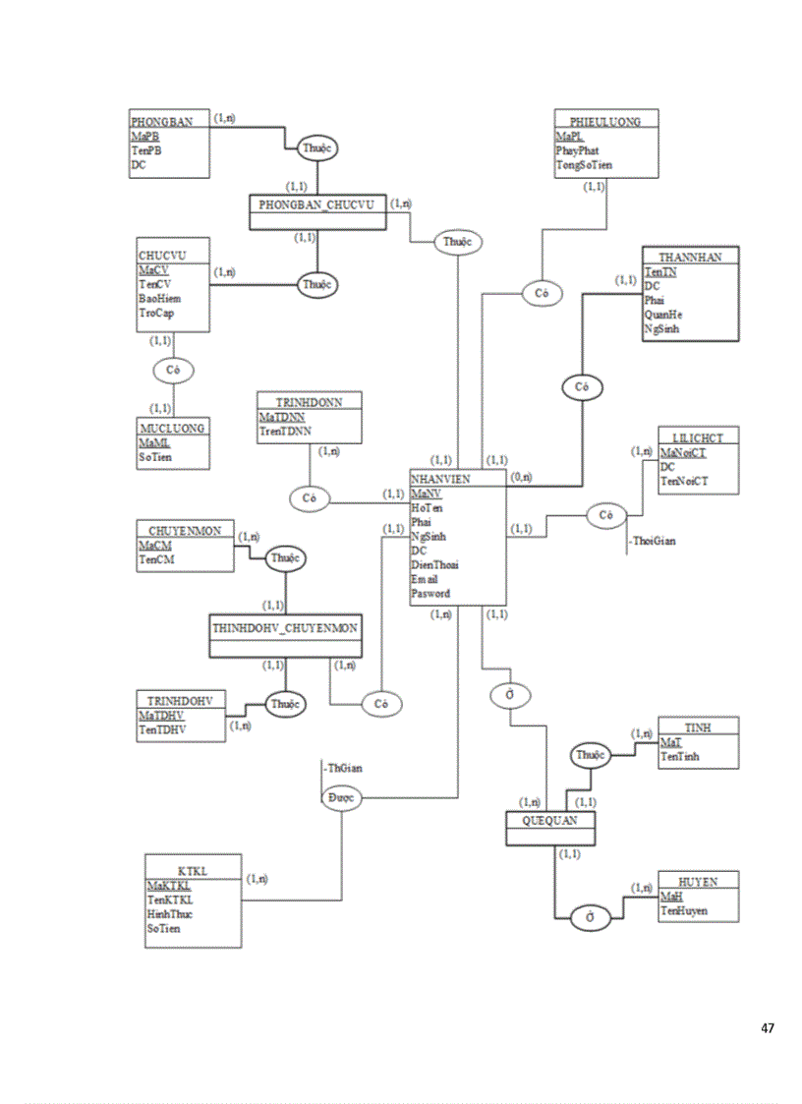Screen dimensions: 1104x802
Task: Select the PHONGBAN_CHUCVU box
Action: coord(316,205)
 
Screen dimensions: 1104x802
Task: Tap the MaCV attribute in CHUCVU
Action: coord(153,269)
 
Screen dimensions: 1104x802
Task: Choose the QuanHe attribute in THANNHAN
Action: coord(663,315)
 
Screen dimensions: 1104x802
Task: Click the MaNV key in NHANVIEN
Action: coord(427,493)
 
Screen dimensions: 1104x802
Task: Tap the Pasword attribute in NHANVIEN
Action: coord(430,594)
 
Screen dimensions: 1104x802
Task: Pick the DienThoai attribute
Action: coord(434,565)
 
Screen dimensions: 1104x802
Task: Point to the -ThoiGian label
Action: coord(655,541)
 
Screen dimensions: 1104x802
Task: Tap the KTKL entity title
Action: coord(193,870)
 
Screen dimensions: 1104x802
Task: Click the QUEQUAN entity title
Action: coord(550,820)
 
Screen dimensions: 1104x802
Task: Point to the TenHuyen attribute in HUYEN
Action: coord(684,911)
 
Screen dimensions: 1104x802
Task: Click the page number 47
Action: coord(768,1028)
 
